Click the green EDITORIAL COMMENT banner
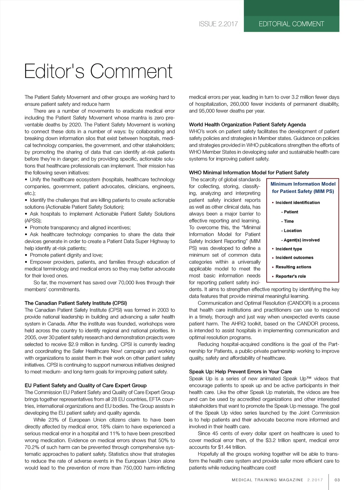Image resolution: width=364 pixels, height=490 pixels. [x=291, y=24]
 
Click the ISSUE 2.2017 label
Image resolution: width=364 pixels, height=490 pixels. [x=218, y=24]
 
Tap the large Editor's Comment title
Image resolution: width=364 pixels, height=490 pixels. [x=98, y=71]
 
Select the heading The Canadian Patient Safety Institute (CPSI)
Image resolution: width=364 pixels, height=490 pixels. [x=76, y=303]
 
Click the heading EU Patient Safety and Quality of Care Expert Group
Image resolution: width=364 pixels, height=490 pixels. [x=86, y=385]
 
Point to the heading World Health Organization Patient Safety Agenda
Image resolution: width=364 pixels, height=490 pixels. [x=247, y=124]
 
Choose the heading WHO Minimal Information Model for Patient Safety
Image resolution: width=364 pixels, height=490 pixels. [x=249, y=172]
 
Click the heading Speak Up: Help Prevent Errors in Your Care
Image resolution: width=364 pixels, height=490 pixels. [x=240, y=372]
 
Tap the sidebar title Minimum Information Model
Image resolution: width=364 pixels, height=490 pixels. [x=303, y=184]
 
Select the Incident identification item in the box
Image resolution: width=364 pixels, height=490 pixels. [x=298, y=203]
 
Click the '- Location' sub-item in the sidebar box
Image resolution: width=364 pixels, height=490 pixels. [x=291, y=231]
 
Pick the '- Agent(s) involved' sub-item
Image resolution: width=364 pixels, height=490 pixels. [x=300, y=240]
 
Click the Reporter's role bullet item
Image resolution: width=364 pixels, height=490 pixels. [x=290, y=276]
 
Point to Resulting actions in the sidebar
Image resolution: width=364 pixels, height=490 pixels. [x=293, y=267]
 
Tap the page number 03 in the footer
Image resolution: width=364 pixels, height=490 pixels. [x=337, y=480]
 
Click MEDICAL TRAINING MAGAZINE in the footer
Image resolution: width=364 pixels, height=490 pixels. [x=267, y=480]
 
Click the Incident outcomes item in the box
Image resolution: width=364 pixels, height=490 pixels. [x=294, y=258]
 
